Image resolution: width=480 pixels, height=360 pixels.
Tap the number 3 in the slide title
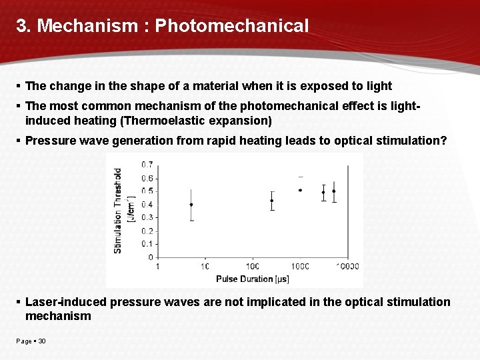pyautogui.click(x=21, y=26)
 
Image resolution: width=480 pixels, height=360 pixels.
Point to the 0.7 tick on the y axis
pyautogui.click(x=147, y=165)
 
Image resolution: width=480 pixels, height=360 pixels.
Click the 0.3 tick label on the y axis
pyautogui.click(x=147, y=217)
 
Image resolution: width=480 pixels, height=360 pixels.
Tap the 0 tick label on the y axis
pyautogui.click(x=151, y=257)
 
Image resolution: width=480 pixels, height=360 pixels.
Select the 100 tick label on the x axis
pyautogui.click(x=253, y=267)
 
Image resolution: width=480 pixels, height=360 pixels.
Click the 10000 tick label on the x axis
pyautogui.click(x=346, y=267)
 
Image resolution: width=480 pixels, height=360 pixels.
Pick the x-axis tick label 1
pyautogui.click(x=158, y=267)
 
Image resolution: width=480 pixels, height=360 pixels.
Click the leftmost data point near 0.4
pyautogui.click(x=191, y=205)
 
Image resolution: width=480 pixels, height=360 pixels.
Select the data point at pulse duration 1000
pyautogui.click(x=300, y=190)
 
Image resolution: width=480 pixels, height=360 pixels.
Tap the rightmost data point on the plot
pyautogui.click(x=334, y=191)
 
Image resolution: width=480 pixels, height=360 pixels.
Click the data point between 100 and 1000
pyautogui.click(x=272, y=201)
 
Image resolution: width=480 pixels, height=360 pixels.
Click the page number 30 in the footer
pyautogui.click(x=42, y=341)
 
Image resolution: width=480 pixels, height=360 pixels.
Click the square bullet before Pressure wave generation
pyautogui.click(x=19, y=141)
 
